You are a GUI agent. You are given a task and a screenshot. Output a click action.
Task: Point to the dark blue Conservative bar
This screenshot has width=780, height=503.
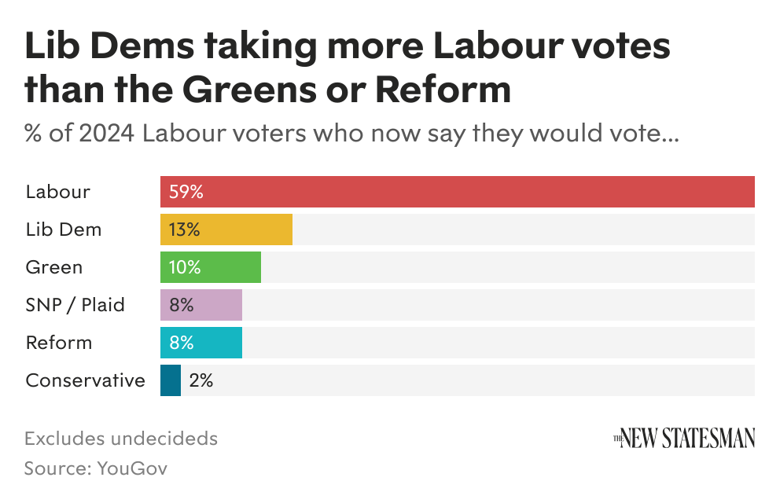(x=171, y=380)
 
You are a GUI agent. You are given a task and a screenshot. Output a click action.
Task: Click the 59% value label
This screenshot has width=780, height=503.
(x=186, y=192)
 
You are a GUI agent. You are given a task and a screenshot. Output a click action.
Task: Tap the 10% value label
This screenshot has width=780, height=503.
(x=185, y=267)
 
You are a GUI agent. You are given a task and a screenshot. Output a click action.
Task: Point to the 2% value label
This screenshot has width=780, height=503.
(x=201, y=380)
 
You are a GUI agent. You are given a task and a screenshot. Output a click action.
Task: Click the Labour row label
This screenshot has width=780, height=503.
(x=58, y=192)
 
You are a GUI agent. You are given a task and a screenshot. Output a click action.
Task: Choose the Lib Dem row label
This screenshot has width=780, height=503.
(x=64, y=229)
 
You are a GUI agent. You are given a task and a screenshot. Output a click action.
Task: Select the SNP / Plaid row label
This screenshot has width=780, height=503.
(x=75, y=305)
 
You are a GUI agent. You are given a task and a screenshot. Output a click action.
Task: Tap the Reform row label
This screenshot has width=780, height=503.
(x=59, y=343)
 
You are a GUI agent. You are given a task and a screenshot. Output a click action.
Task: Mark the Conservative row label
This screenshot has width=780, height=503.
(x=86, y=380)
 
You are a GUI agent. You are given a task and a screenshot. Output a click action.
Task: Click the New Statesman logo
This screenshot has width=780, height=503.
(x=684, y=438)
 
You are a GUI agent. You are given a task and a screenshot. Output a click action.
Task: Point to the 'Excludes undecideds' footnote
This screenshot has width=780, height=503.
(x=121, y=438)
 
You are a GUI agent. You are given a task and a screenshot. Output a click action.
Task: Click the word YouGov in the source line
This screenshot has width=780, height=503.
(x=132, y=468)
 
